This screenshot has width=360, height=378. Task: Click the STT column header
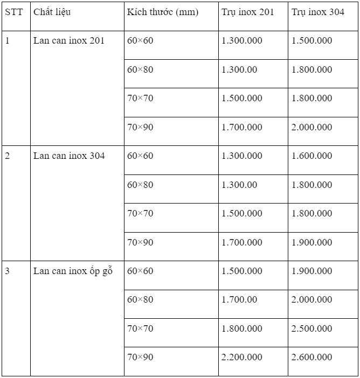pos(14,12)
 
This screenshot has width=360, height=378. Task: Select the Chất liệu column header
pos(52,12)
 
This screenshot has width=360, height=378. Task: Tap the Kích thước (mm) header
pos(163,12)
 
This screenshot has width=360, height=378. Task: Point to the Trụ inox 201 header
pos(247,12)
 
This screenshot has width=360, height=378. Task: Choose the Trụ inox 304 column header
pos(318,12)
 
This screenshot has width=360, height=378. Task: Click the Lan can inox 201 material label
pos(69,40)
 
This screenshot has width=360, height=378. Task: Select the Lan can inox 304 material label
pos(69,156)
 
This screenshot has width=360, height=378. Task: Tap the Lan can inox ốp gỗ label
pos(73,271)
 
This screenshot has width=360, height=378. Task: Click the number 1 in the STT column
pos(8,40)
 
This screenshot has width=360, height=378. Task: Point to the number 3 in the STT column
pos(8,271)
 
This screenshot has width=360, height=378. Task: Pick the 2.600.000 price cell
pos(312,357)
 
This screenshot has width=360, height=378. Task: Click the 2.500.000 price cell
pos(312,328)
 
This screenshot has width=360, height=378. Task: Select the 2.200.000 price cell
pos(242,357)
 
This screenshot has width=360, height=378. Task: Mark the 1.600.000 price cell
pos(312,156)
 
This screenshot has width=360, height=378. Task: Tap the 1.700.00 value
pos(239,299)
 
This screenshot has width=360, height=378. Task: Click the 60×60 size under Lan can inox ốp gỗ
pos(140,271)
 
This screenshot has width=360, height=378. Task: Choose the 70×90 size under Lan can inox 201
pos(140,127)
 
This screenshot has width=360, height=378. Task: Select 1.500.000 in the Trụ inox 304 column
pos(312,40)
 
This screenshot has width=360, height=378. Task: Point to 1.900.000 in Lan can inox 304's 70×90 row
pos(312,242)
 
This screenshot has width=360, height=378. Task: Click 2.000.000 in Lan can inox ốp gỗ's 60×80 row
pos(312,299)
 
